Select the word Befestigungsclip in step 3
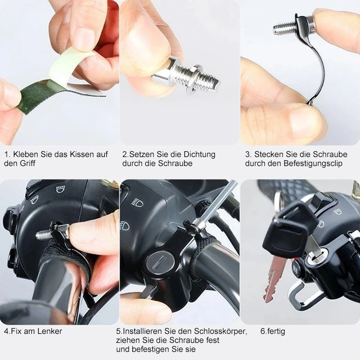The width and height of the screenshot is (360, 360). click(313, 163)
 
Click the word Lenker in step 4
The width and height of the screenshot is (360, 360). click(49, 331)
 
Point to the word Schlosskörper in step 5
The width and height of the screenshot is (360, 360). click(220, 331)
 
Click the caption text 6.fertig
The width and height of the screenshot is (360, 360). click(273, 331)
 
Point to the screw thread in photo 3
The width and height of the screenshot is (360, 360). click(283, 28)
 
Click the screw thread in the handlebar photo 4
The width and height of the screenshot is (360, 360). click(44, 234)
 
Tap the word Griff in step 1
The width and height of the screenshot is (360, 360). click(27, 163)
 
